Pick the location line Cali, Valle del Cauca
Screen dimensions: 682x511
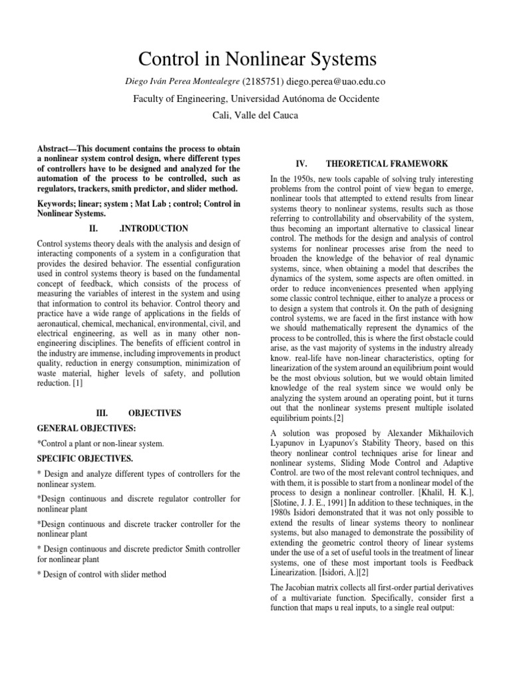click(x=255, y=115)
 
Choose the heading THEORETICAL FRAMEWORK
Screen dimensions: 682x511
click(x=387, y=163)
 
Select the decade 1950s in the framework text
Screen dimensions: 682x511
click(x=305, y=180)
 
